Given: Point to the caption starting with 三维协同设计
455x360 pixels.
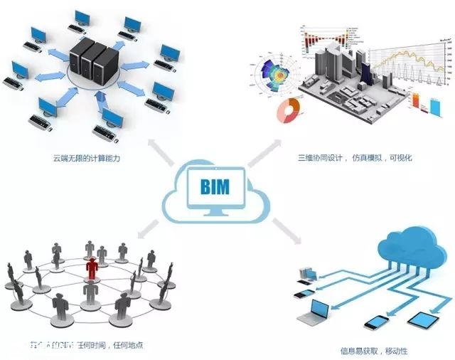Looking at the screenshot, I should click(355, 158).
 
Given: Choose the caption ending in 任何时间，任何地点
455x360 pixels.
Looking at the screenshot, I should click(78, 345).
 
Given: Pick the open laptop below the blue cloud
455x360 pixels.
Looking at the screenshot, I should click(316, 309).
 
